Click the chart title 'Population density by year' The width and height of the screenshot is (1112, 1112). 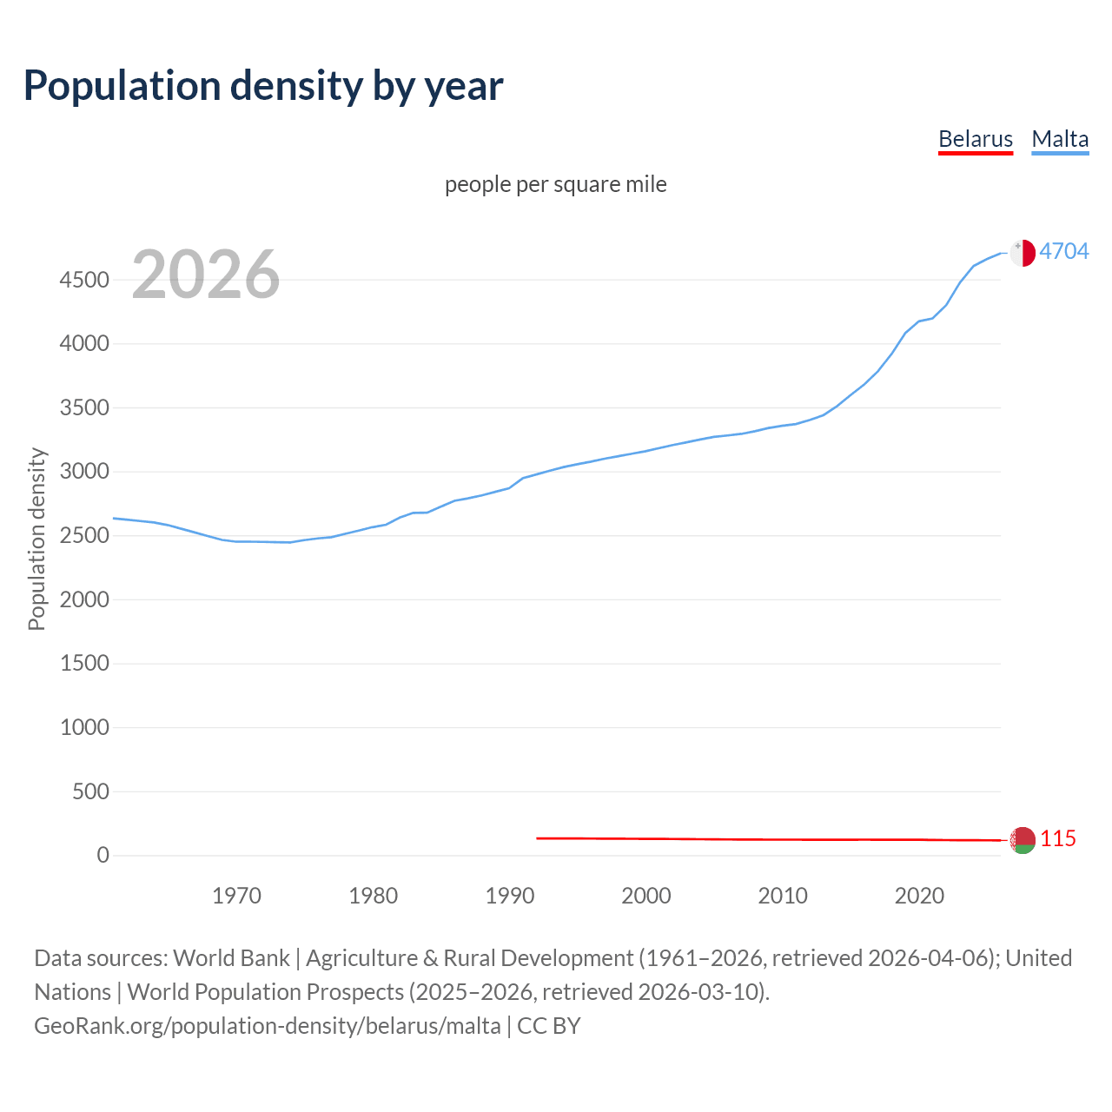point(263,85)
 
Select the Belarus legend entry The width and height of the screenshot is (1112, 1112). point(976,139)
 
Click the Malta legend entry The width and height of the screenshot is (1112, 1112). point(1060,139)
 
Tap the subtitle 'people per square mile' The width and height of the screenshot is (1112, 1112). point(556,184)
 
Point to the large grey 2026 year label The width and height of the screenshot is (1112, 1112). point(206,275)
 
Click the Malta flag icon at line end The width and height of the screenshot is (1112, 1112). point(1023,253)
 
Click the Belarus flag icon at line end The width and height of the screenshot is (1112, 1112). point(1023,840)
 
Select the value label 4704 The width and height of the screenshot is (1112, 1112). point(1064,251)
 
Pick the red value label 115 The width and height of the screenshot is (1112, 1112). point(1058,838)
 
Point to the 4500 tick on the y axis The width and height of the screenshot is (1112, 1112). point(84,280)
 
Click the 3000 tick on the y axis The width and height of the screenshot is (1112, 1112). point(84,472)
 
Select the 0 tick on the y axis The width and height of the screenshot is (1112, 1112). point(103,855)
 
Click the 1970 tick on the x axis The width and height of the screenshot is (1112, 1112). point(236,896)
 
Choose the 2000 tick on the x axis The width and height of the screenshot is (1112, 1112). point(646,896)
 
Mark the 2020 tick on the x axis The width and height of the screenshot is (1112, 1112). point(919,896)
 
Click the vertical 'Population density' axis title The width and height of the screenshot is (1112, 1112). point(36,539)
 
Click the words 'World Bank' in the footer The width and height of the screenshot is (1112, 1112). point(231,958)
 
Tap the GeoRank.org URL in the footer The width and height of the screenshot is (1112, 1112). point(267,1026)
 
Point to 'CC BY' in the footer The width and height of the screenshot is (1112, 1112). point(549,1026)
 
